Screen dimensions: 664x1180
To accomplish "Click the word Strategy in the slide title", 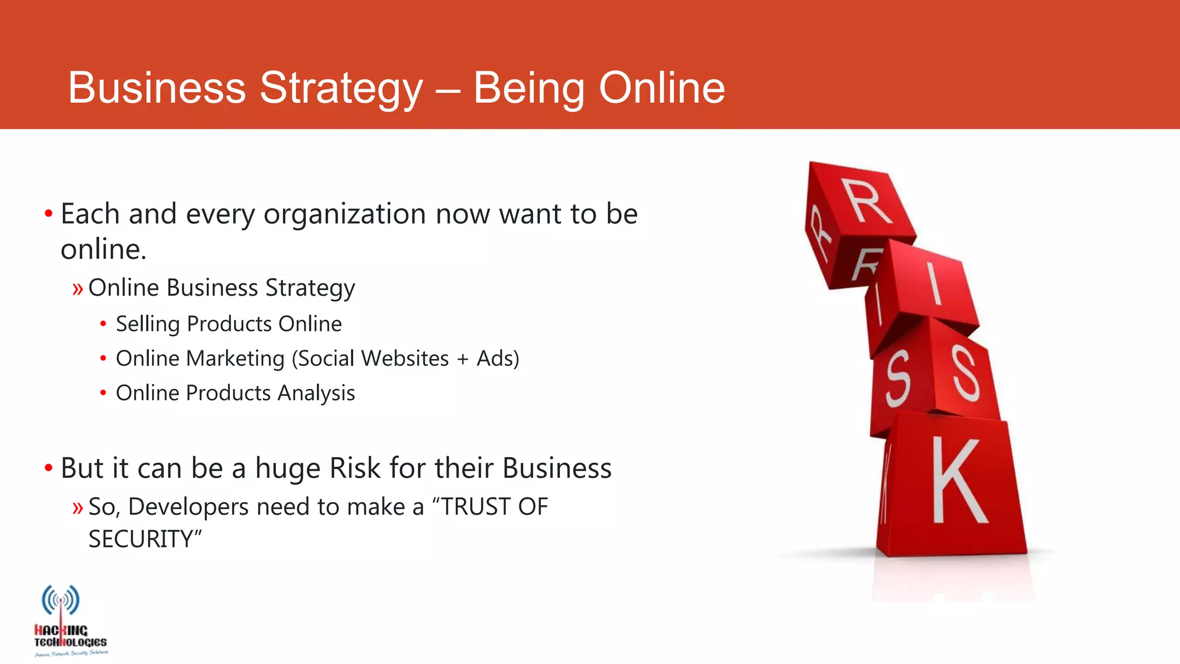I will (341, 88).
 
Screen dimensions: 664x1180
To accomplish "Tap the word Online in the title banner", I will (661, 88).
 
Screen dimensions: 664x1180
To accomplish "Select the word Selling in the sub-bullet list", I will (147, 324).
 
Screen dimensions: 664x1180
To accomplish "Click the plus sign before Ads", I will (463, 359).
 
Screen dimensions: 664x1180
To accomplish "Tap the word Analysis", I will (316, 393).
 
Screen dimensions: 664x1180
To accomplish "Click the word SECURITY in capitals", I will (141, 539).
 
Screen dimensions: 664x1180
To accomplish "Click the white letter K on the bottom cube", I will (958, 481).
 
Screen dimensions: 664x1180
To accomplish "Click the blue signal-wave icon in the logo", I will (60, 600).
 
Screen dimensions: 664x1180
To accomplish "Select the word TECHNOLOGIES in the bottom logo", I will (70, 642).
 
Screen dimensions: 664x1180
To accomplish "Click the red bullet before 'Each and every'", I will (49, 214).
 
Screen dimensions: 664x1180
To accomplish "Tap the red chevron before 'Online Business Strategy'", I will (78, 288).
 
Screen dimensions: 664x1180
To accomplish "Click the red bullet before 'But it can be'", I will (49, 468).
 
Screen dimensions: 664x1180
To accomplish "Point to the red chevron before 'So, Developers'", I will (78, 508).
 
